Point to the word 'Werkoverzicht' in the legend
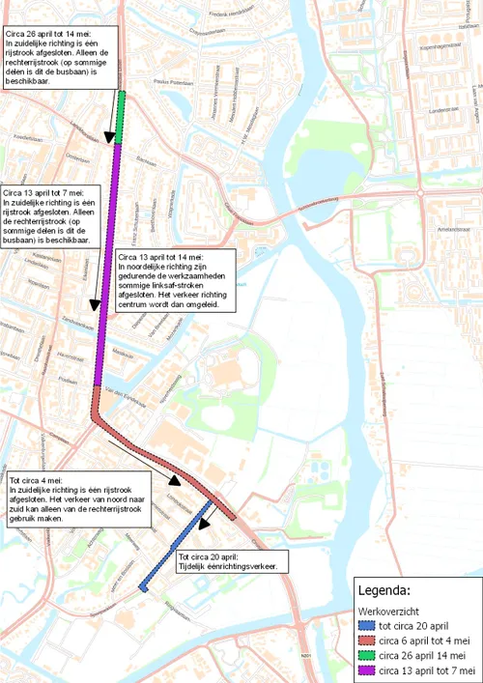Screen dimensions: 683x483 tap(386, 612)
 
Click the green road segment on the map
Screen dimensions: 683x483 tap(121, 116)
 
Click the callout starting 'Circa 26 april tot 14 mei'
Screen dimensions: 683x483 tap(58, 57)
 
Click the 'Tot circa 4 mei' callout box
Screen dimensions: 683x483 tap(80, 499)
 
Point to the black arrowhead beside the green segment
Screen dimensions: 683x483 tap(109, 137)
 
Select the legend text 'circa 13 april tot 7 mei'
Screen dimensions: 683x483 tap(426, 669)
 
